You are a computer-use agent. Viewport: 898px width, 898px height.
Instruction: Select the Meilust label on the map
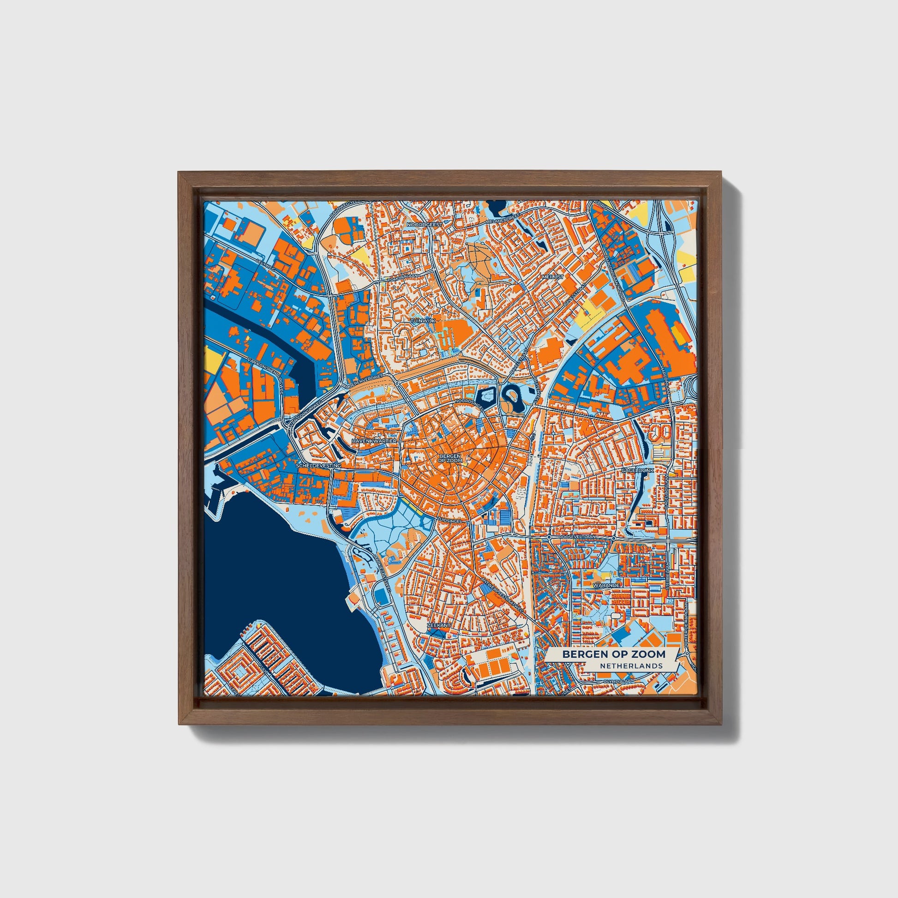[552, 276]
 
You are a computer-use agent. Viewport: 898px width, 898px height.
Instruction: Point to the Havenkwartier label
[374, 440]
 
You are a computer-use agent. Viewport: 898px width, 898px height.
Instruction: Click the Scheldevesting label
[318, 465]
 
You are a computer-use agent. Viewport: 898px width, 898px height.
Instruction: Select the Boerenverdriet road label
[365, 380]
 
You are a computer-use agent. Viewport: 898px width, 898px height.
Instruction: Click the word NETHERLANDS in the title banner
[631, 665]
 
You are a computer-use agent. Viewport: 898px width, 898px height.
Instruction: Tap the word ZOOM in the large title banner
[648, 654]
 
